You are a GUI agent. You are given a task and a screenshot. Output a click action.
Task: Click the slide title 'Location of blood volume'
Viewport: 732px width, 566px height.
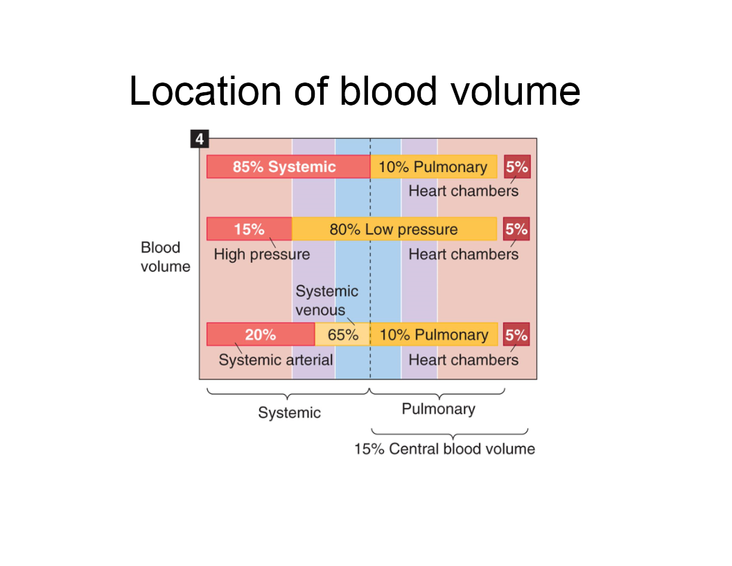coord(354,91)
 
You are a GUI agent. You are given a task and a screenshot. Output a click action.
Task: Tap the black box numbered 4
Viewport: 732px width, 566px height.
coord(199,139)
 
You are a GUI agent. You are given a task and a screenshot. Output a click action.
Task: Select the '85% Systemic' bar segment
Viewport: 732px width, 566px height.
coord(288,167)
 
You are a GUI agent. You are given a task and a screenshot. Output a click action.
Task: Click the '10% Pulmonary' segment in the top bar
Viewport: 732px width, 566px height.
coord(433,167)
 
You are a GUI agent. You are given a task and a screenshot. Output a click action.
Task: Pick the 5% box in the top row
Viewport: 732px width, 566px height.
coord(516,167)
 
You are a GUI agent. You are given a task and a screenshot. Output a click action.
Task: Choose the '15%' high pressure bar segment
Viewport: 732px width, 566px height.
coord(249,229)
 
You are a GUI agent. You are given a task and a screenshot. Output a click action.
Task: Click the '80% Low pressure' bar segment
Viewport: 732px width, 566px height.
coord(394,229)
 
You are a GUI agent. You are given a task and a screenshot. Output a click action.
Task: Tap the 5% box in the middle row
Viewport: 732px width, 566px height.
coord(516,229)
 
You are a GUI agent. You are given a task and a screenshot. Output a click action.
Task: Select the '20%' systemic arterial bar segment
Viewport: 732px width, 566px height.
coord(261,334)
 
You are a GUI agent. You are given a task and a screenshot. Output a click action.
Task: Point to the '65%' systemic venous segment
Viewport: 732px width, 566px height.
coord(342,334)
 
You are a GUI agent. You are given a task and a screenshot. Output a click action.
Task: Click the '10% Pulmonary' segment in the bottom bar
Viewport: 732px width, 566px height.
coord(433,334)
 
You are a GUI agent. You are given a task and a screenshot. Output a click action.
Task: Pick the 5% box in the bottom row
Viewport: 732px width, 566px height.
coord(516,334)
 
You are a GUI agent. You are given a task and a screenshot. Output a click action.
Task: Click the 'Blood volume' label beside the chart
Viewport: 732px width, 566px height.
coord(165,257)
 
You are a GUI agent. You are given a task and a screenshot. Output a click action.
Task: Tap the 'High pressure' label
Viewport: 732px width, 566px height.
coord(261,255)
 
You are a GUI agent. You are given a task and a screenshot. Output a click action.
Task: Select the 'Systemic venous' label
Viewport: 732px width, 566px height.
coord(326,300)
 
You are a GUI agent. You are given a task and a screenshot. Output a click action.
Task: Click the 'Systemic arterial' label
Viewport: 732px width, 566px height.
coord(275,360)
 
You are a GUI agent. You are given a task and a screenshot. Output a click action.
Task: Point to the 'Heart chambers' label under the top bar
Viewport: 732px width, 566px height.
coord(463,191)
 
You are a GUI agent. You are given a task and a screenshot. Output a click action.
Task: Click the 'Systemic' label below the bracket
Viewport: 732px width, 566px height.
coord(289,413)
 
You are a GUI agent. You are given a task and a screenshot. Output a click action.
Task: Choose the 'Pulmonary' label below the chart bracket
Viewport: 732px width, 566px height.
coord(438,409)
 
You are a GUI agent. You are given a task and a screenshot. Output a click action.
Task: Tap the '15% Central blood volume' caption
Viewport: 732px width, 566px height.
coord(444,449)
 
